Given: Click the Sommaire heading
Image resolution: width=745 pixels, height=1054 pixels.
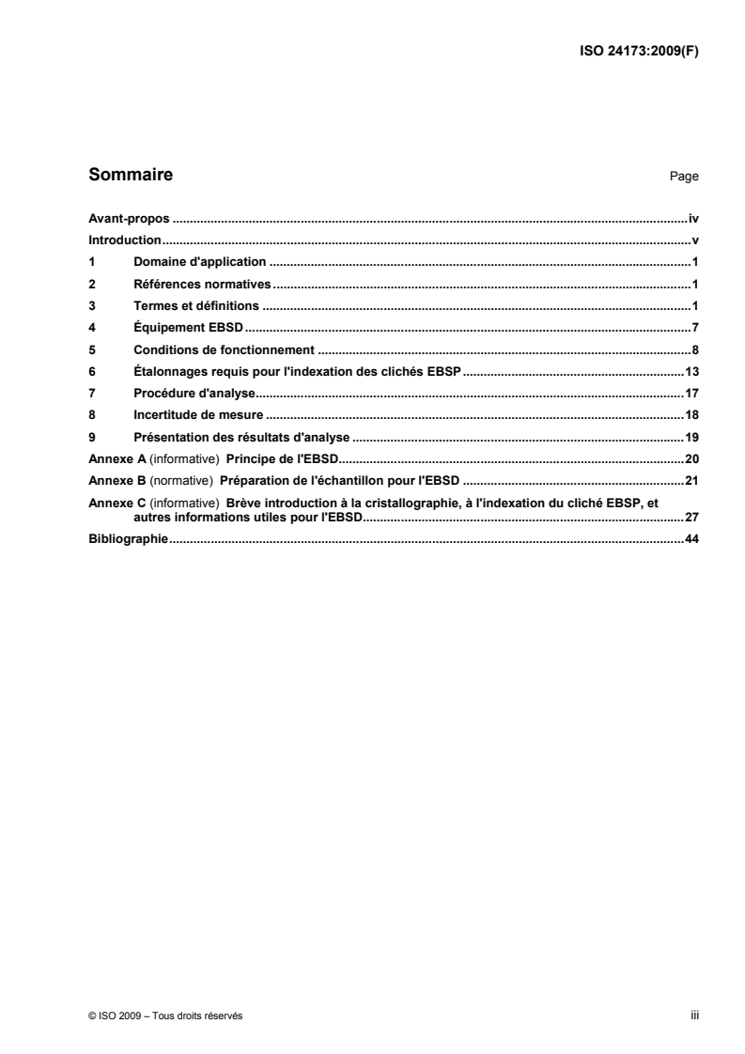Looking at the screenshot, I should point(130,175).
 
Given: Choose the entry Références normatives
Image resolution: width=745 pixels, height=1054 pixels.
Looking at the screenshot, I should point(202,284).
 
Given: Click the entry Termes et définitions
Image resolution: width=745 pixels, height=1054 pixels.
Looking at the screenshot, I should point(197,306).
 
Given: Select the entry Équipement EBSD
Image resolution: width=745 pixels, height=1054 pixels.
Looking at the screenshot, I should point(189,328).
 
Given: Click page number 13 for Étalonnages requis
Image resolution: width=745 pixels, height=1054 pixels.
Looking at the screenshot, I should point(691,371).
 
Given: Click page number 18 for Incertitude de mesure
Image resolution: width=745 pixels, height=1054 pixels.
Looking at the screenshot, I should point(691,414).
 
